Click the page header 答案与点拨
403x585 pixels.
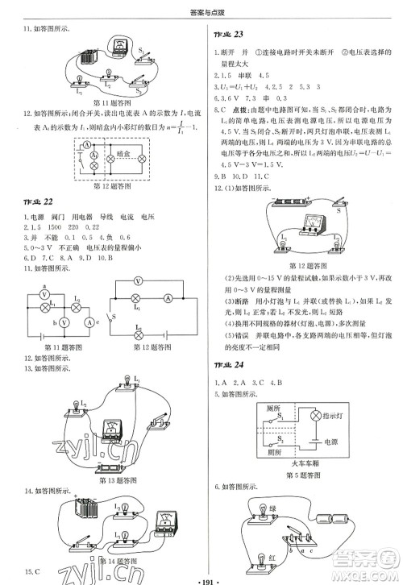pyautogui.click(x=201, y=9)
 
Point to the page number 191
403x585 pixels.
pyautogui.click(x=201, y=577)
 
